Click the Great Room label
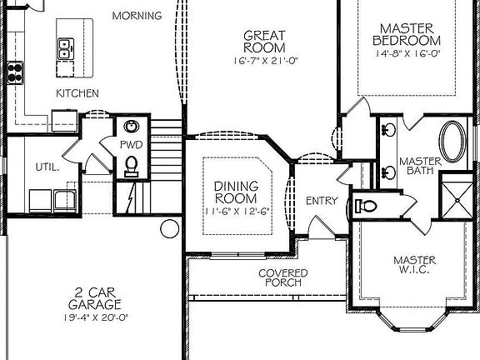coord(264,42)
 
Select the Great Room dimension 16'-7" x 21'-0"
coord(266,61)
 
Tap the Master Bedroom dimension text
coord(408,53)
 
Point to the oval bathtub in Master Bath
coord(452,142)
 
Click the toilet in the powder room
coord(132,166)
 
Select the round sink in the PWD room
coord(132,127)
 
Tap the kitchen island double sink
coord(66,49)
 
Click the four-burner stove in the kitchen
coord(15,72)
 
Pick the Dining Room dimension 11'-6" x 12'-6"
coord(236,211)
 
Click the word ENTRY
coord(322,201)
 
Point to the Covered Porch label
coord(282,277)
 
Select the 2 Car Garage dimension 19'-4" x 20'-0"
coord(95,317)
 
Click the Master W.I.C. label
coord(415,265)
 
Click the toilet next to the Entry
coord(366,206)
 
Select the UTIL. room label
coord(47,167)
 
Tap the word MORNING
coord(137,16)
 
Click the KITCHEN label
coord(77,93)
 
